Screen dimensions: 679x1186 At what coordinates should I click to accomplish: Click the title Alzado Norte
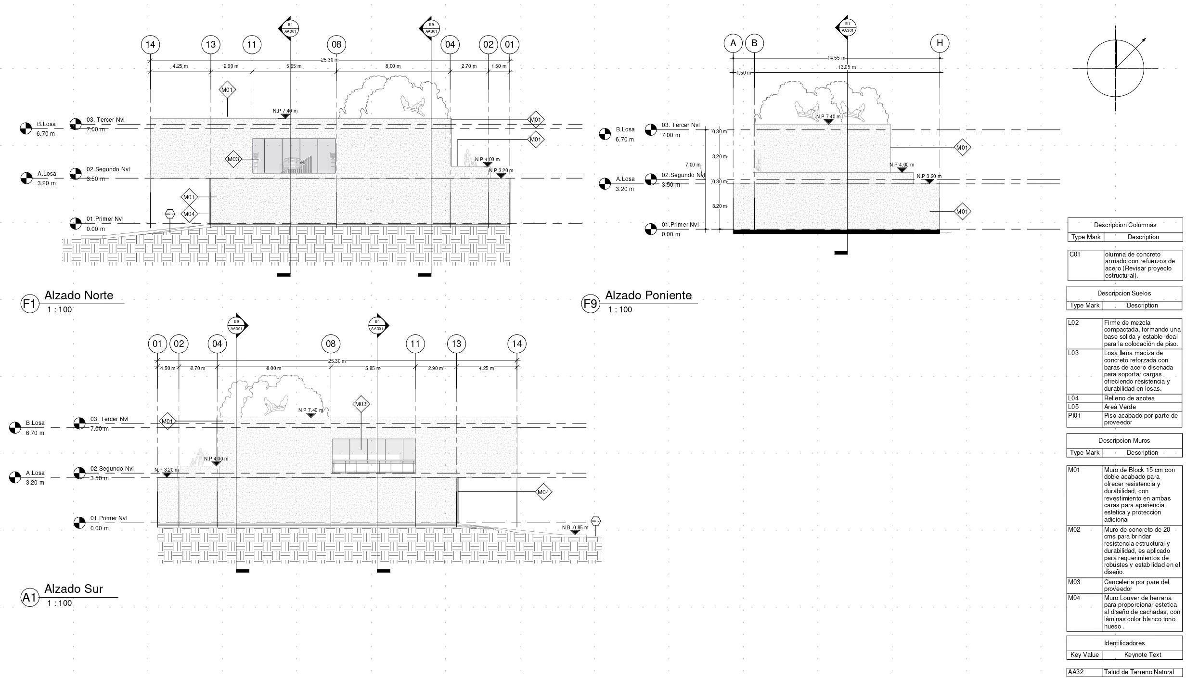(x=79, y=295)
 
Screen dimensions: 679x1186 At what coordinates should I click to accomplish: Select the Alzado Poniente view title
(x=648, y=295)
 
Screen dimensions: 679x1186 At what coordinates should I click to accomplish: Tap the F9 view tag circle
(x=590, y=304)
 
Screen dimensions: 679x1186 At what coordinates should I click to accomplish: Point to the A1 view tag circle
(x=29, y=597)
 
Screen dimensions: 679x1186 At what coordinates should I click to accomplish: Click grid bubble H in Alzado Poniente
(x=940, y=43)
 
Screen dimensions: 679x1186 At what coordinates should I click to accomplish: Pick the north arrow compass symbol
(x=1115, y=68)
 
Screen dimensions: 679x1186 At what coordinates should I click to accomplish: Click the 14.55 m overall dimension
(x=837, y=58)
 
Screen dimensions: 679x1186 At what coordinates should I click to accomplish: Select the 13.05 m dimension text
(x=847, y=67)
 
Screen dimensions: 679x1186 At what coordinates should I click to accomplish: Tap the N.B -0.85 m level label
(x=575, y=527)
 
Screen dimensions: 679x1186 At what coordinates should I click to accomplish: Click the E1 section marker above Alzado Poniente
(x=847, y=27)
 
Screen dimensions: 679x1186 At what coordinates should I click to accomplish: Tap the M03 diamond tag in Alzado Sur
(x=361, y=404)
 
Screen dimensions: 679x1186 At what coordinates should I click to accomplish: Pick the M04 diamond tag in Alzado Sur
(x=543, y=492)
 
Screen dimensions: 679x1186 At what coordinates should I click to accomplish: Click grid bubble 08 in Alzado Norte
(x=336, y=45)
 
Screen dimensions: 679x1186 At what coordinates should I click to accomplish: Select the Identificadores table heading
(x=1124, y=643)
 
